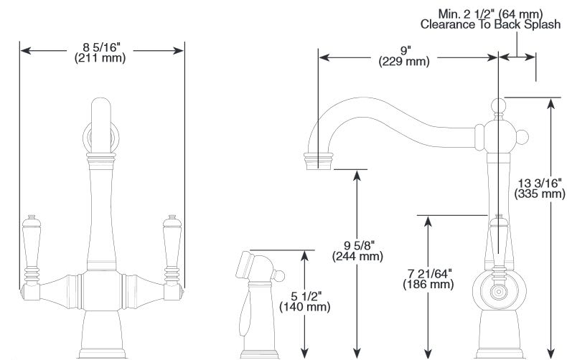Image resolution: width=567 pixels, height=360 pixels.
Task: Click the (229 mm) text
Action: (405, 62)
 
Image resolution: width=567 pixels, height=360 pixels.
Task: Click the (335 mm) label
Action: (539, 193)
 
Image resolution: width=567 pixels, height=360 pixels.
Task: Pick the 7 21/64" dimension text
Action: (428, 273)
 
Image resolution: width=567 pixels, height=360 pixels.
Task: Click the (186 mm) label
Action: (428, 284)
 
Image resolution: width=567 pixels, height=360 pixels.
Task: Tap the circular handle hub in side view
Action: (496, 291)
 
